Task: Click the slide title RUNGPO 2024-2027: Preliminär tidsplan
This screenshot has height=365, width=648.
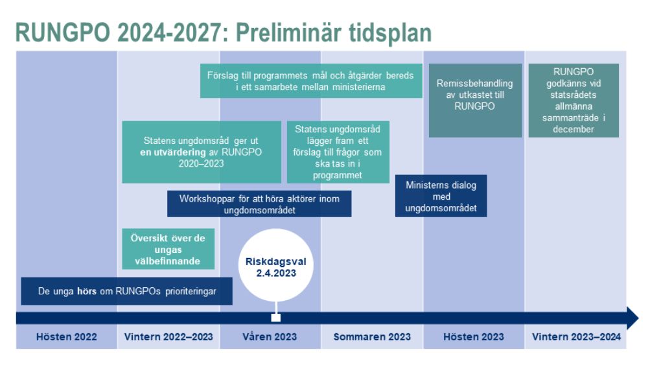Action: (224, 32)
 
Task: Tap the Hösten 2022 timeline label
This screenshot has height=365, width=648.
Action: (67, 337)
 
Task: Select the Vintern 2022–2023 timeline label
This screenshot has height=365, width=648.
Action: (168, 337)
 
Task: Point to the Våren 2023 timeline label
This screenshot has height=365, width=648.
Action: (270, 337)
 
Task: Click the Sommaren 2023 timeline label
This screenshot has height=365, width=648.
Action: (372, 337)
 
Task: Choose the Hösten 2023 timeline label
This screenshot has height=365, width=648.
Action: (474, 337)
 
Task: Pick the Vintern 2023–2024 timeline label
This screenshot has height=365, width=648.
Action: (576, 337)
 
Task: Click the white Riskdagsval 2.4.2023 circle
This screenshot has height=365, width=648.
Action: (275, 265)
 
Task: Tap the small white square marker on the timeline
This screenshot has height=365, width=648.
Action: (275, 318)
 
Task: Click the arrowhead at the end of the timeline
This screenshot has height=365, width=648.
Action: (632, 318)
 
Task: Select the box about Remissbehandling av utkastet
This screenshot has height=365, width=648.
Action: (475, 100)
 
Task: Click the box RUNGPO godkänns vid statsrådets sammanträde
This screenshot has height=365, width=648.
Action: (573, 100)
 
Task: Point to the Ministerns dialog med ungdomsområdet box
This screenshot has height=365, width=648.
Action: (441, 196)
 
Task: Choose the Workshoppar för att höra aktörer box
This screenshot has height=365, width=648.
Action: (259, 204)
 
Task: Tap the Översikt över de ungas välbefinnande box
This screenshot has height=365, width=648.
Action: (168, 249)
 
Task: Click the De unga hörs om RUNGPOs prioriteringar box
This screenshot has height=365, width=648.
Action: (126, 291)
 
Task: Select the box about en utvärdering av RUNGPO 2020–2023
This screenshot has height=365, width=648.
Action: (202, 152)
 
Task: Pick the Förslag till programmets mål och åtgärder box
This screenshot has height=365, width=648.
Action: (311, 81)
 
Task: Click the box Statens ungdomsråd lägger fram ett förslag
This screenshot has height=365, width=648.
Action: (338, 152)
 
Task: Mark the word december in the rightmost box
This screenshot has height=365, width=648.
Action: (573, 130)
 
